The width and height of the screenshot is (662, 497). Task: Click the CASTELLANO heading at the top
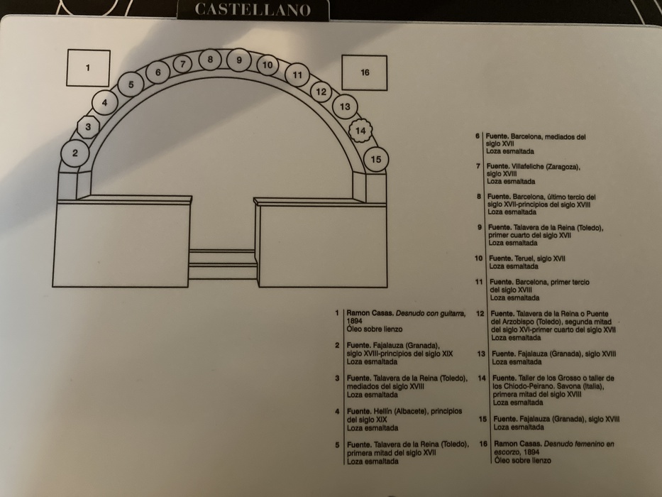252,10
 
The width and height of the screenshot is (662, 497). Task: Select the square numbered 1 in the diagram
88,68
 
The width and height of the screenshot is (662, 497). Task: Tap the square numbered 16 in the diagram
365,72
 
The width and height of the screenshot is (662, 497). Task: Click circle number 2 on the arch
75,153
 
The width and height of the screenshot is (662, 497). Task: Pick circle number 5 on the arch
131,85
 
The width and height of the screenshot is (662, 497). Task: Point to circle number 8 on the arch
210,60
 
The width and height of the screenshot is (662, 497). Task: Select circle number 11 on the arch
297,75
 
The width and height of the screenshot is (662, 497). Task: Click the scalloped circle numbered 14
361,131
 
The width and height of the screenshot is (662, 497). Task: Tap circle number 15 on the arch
375,159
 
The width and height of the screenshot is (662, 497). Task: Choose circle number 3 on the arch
88,128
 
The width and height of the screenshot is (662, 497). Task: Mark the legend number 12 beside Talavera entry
480,313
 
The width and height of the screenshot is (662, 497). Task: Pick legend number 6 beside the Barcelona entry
478,136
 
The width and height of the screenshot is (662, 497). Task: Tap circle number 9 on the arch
239,60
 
